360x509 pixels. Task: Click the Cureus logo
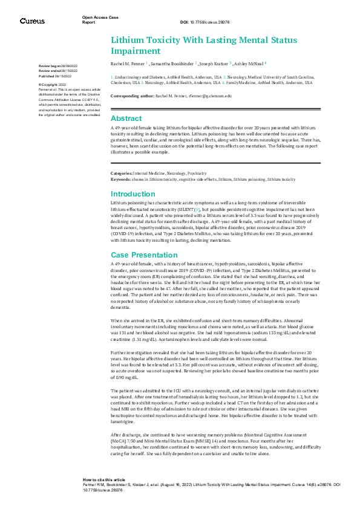(32, 21)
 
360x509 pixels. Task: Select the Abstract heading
(126, 118)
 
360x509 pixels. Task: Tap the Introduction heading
(133, 194)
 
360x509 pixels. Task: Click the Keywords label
(122, 180)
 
